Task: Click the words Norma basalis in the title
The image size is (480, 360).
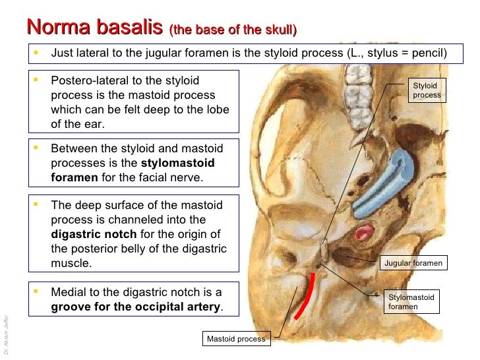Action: (x=94, y=28)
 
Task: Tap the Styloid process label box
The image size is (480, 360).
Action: (x=427, y=90)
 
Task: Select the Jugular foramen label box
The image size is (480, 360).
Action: (x=413, y=264)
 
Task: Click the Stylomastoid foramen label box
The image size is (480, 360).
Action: (x=411, y=302)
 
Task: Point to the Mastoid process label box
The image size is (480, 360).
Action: (x=236, y=339)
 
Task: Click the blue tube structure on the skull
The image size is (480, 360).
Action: (x=382, y=183)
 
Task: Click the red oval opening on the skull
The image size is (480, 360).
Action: (x=363, y=233)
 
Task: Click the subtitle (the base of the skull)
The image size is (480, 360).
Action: (x=233, y=30)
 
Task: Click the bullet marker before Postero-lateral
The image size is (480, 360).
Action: (x=37, y=80)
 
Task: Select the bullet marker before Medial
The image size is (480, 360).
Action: (x=37, y=291)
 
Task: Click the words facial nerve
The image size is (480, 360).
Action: (x=173, y=177)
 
